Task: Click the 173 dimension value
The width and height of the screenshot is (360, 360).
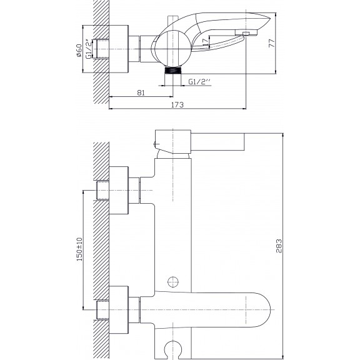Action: coord(177,105)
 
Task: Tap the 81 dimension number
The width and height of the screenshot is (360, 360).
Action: coord(141,92)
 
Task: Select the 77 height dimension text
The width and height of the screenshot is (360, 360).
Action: coord(272,43)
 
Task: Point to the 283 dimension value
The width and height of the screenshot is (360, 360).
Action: coord(279,246)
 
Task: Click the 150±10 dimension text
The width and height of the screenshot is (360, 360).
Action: coord(79,249)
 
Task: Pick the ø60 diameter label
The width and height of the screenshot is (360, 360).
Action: coord(79,50)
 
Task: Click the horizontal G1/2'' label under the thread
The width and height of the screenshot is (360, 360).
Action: coord(199,82)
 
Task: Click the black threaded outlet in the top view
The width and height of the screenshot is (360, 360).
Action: coord(173,70)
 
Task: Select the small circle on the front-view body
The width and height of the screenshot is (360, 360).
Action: coord(173,282)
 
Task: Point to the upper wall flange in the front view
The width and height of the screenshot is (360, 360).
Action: coord(119,191)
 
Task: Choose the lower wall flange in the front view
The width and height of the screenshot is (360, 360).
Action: coord(119,310)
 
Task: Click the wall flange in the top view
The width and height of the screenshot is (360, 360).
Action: coord(119,49)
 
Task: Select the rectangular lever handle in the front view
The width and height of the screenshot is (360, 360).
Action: coord(217,142)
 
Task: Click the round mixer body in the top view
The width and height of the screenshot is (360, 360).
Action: coord(173,49)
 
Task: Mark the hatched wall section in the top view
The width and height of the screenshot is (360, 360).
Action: coord(101,52)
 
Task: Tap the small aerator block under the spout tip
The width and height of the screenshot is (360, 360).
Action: coord(246,34)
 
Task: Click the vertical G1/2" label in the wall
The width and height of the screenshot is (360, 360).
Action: coord(89,49)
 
